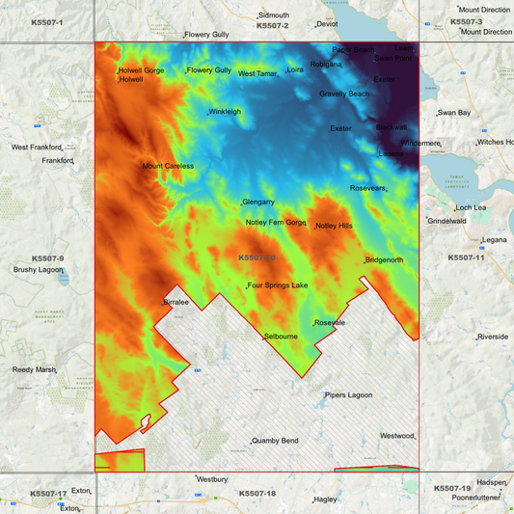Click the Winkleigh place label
(225, 112)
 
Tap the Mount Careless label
(168, 166)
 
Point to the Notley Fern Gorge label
(276, 223)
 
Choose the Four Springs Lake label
(278, 285)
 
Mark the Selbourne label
(281, 337)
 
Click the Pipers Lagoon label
(347, 394)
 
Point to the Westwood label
(396, 436)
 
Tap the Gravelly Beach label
(344, 94)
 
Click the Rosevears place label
(367, 188)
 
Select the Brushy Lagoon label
(38, 270)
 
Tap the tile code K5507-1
(47, 21)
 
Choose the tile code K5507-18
(257, 494)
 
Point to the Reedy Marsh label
(35, 369)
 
